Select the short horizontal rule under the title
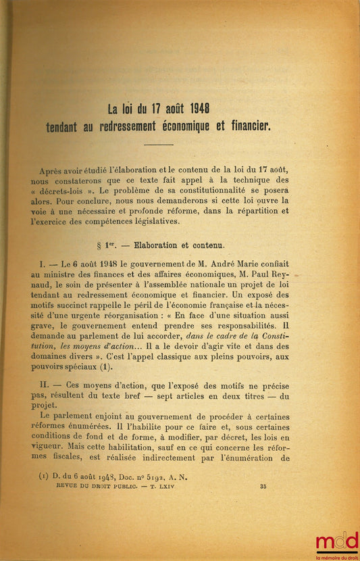[x=159, y=145]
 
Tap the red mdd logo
[x=336, y=543]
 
